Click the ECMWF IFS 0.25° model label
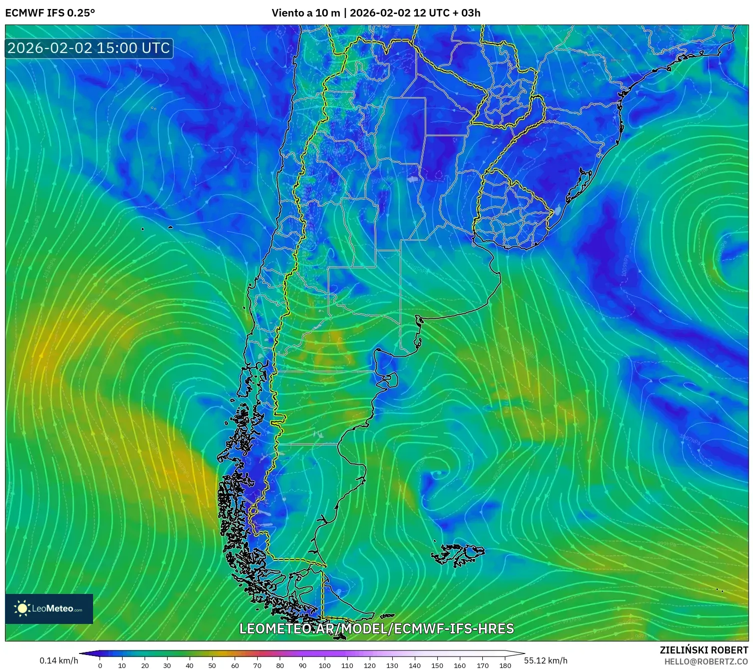pyautogui.click(x=50, y=13)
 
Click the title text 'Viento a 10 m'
pyautogui.click(x=305, y=13)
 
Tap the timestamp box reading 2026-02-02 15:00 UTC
pyautogui.click(x=89, y=48)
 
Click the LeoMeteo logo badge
pyautogui.click(x=49, y=608)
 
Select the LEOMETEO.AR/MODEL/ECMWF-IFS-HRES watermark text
pyautogui.click(x=376, y=628)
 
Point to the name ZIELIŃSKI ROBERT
pyautogui.click(x=703, y=650)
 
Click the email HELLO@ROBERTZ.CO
pyautogui.click(x=706, y=661)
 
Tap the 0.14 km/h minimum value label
pyautogui.click(x=59, y=660)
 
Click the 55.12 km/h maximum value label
pyautogui.click(x=545, y=660)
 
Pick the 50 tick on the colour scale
pyautogui.click(x=212, y=665)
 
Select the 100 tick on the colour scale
pyautogui.click(x=325, y=665)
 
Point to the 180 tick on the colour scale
pyautogui.click(x=505, y=665)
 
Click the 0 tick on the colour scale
pyautogui.click(x=100, y=665)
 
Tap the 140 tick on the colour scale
pyautogui.click(x=415, y=665)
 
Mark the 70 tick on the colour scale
pyautogui.click(x=257, y=665)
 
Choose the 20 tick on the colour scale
pyautogui.click(x=145, y=665)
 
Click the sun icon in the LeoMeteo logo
pyautogui.click(x=23, y=608)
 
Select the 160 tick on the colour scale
pyautogui.click(x=460, y=665)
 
